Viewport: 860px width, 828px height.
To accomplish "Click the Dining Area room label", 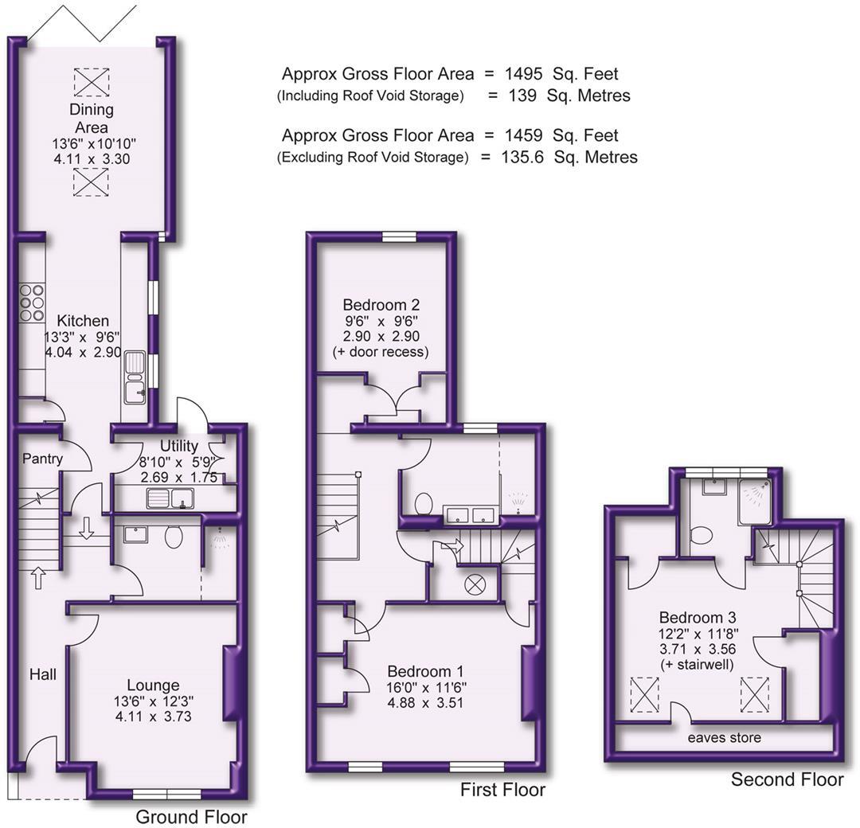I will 92,118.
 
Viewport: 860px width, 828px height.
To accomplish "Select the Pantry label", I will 42,459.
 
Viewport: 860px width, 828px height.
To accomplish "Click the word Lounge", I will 153,685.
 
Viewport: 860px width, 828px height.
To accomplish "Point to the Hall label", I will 43,675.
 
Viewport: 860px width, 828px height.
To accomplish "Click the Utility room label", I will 178,446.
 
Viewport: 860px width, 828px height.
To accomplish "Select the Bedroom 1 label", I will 425,671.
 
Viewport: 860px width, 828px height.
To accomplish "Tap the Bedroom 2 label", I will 381,304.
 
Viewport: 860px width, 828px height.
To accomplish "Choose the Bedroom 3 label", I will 698,617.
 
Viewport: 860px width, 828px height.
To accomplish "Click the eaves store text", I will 725,738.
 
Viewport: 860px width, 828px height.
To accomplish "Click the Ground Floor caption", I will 191,817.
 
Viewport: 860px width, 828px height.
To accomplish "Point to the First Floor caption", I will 502,790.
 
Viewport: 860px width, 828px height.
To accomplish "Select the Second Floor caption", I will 787,779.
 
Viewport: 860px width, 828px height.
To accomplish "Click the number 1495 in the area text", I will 524,74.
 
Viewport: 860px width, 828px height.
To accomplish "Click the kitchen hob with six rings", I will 32,303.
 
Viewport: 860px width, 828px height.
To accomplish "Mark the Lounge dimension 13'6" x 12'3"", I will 153,701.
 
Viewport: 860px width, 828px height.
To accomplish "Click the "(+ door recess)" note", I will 381,351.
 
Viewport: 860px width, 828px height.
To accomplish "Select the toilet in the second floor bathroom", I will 701,534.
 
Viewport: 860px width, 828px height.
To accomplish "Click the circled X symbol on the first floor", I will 475,584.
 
